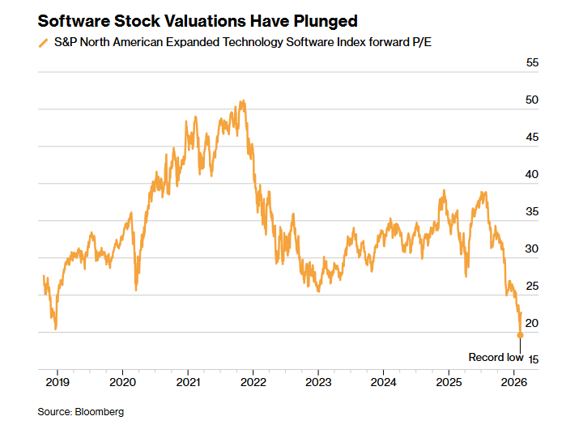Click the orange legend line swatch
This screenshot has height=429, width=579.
43,43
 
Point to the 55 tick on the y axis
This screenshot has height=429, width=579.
532,62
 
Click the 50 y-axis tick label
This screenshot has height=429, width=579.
532,100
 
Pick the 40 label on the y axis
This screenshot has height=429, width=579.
532,174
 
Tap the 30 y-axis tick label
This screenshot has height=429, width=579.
532,248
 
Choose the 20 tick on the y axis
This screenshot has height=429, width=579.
532,323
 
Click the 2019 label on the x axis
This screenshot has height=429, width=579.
57,381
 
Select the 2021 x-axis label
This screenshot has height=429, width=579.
188,381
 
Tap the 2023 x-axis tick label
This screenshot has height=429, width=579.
318,381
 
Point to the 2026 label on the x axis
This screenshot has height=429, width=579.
514,381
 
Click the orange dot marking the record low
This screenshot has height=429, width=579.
520,334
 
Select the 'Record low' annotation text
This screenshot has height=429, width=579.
496,357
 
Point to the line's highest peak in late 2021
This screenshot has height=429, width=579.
242,102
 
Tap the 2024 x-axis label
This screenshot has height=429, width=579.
384,381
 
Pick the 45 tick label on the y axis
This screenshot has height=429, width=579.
532,137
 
